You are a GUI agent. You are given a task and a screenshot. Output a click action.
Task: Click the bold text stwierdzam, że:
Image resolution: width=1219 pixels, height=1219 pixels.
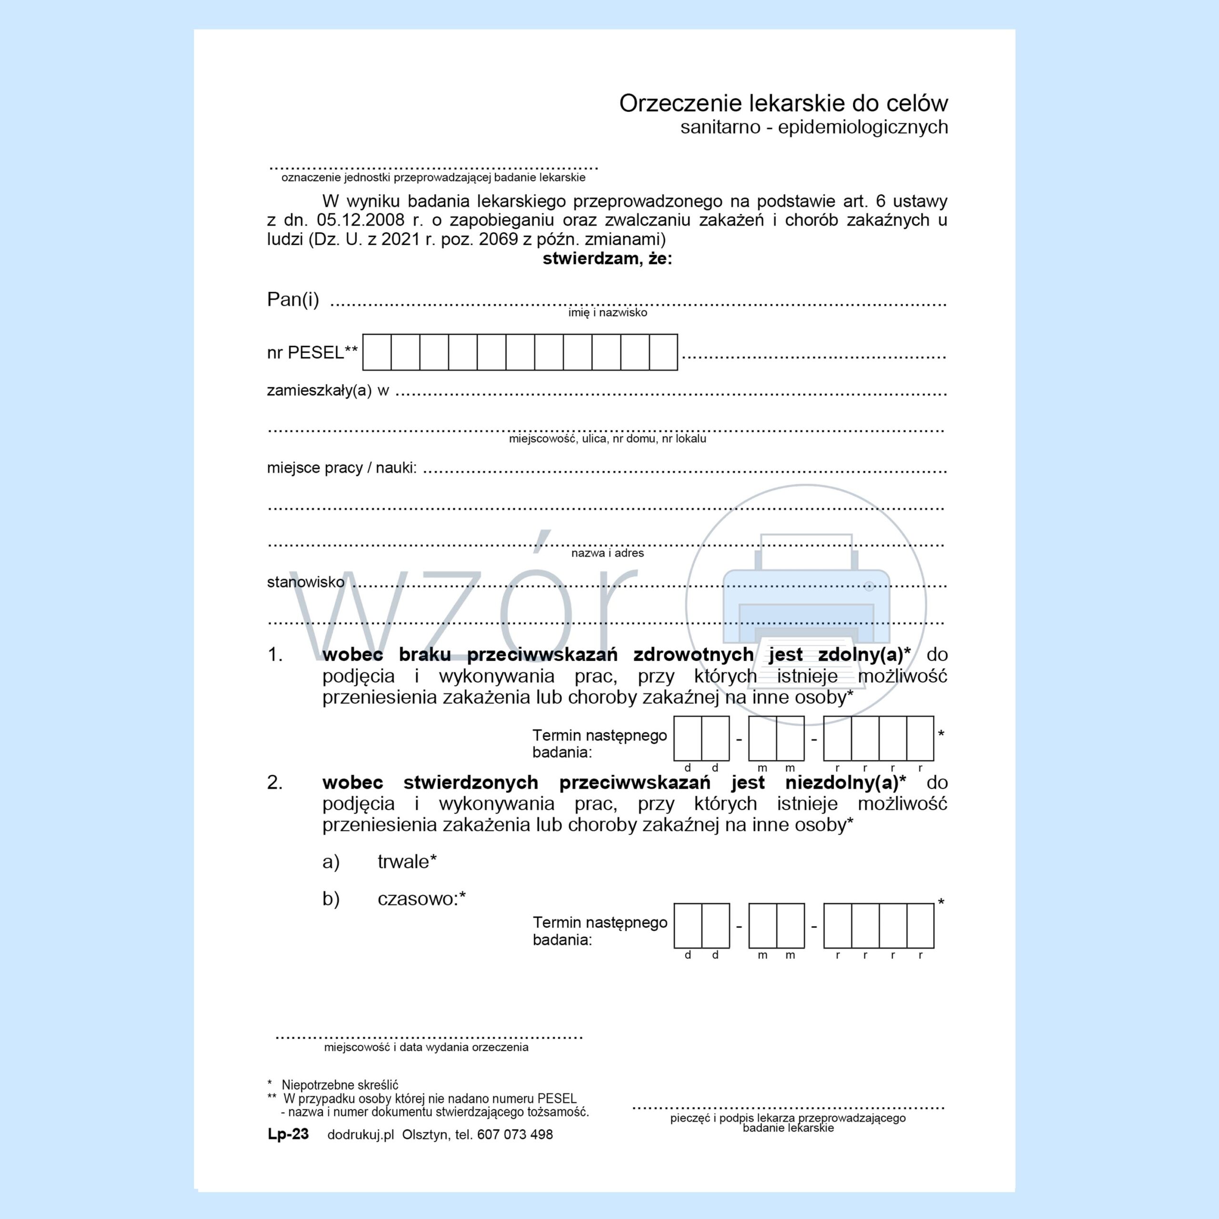tap(607, 259)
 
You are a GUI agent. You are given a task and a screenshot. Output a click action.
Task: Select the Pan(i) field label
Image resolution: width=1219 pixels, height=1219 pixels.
tap(293, 299)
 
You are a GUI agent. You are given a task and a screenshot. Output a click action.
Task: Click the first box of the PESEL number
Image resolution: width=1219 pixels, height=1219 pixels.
tap(377, 352)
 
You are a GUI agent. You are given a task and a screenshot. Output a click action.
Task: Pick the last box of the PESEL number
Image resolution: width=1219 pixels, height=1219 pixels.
tap(663, 352)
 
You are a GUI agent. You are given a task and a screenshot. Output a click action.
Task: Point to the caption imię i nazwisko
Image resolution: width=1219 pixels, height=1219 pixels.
tap(607, 313)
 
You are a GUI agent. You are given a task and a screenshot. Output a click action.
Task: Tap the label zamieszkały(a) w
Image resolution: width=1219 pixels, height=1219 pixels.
tap(328, 390)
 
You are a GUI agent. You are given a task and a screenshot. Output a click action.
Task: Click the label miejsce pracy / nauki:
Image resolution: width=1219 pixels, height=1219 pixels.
tap(341, 468)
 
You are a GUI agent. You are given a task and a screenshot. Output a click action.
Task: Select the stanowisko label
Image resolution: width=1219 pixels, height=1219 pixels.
tap(305, 582)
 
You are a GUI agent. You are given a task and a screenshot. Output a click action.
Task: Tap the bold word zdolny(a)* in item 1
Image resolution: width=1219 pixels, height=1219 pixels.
tap(864, 655)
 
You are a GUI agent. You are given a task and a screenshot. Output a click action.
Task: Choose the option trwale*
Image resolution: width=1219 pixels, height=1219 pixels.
tap(407, 862)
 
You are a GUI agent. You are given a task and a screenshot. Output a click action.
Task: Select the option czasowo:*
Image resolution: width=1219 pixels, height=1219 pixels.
tap(421, 899)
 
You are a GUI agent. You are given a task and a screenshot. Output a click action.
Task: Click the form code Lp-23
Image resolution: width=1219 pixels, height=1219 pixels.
tap(289, 1134)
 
